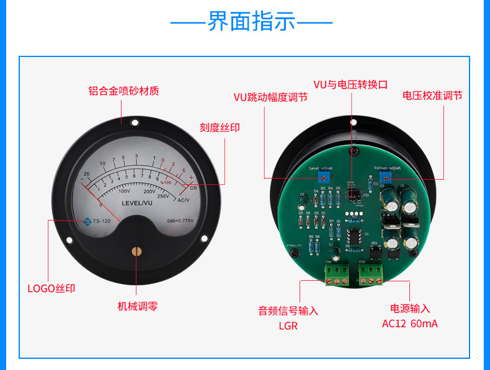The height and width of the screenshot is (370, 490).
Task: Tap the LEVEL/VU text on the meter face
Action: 136,203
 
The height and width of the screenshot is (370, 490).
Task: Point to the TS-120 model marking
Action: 102,221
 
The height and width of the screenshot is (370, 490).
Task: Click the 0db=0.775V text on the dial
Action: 180,221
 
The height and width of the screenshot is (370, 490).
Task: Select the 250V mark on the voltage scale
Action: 163,196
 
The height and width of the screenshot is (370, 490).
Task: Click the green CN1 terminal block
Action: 337,273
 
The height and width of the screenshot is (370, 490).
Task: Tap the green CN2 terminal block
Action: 371,273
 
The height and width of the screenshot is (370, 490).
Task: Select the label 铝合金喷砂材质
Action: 123,90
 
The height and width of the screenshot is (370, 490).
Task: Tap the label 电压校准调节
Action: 432,95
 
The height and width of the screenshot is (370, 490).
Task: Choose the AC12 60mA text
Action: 409,324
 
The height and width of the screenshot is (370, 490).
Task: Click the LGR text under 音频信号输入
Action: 288,325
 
